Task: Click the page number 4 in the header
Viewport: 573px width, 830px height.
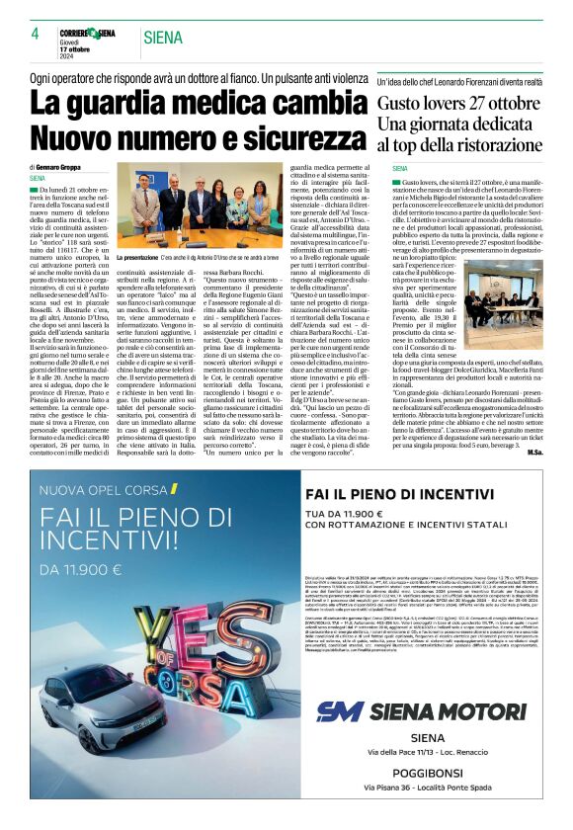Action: (35, 34)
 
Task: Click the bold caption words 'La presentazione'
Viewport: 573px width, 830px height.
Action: (145, 257)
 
